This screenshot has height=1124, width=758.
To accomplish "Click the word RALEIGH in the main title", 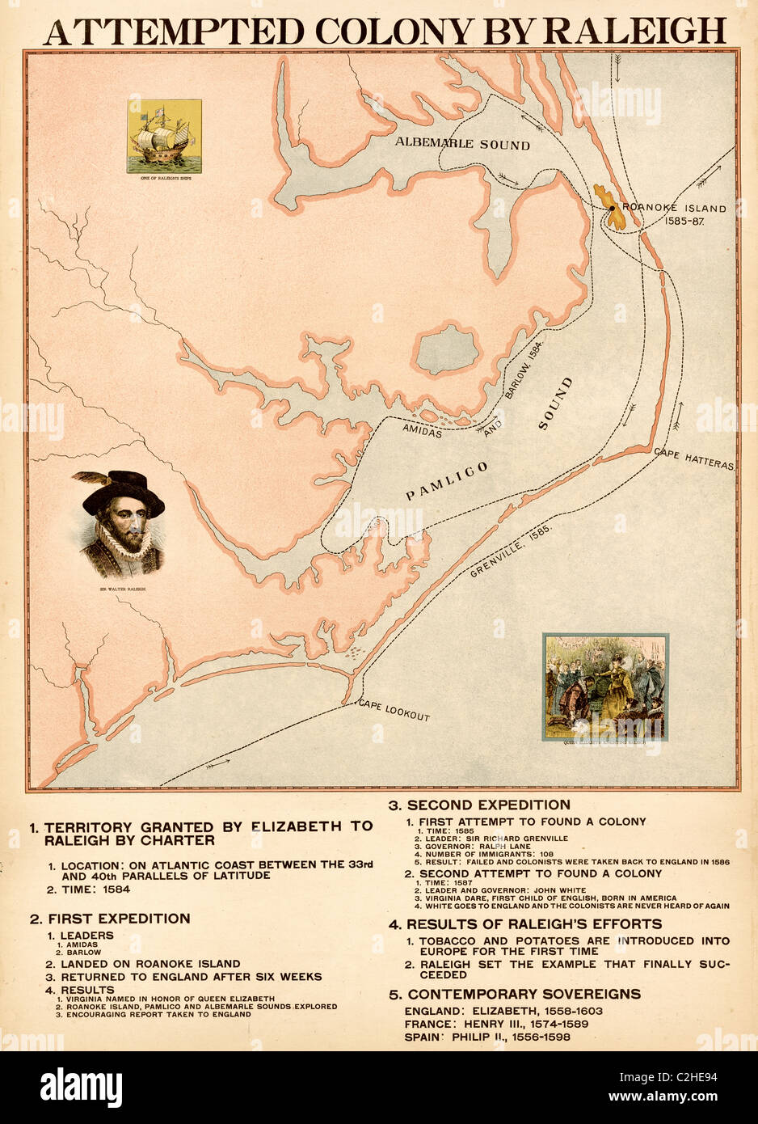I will pos(634,31).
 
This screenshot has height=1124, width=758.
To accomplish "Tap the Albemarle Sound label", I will pos(462,144).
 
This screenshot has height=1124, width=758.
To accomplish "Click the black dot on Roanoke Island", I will pos(613,208).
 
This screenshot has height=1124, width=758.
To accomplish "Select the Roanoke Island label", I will pos(674,208).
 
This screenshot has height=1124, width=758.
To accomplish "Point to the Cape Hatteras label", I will pos(694,459).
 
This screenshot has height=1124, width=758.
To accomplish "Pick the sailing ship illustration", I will pos(164,136).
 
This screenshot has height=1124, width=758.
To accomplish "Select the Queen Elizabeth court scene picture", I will pos(605,687).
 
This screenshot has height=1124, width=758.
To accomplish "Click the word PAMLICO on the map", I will pos(447,481).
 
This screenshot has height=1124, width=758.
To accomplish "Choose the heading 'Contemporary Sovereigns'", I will pos(524,994).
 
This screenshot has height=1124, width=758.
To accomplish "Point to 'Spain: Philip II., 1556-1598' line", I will pos(487,1037).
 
